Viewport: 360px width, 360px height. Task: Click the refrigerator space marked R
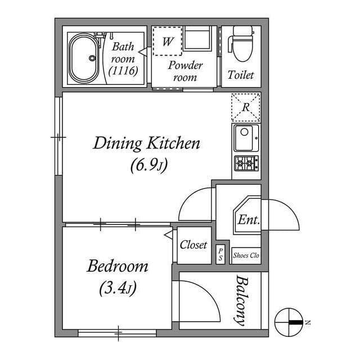246,107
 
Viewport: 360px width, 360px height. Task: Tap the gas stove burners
246,164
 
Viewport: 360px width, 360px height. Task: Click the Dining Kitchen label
146,143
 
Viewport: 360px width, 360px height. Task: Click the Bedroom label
118,266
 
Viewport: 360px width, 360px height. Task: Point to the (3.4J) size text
118,289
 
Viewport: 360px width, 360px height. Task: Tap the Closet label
193,245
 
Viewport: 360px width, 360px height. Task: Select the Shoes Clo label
246,255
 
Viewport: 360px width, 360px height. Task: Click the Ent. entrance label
248,220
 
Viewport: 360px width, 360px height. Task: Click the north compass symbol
289,322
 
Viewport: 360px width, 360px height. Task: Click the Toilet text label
241,75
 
